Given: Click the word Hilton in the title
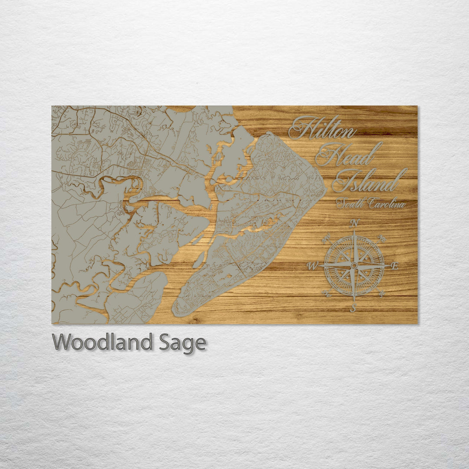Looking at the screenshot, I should point(322,128).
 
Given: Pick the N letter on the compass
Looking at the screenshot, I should point(354,224).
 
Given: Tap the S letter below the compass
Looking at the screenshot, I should point(353,308).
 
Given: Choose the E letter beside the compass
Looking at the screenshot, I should point(394,266).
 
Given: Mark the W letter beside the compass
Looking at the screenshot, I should point(312,266).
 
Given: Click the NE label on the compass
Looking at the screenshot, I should point(382,238).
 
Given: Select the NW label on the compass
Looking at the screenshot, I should point(326,238).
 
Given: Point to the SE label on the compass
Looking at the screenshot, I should point(382,294).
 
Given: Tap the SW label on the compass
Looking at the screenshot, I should point(327,294).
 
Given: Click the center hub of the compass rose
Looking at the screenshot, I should point(354,265).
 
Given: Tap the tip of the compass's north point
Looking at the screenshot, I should point(354,231).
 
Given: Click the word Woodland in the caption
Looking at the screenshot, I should point(102,342).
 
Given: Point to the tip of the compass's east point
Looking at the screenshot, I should point(389,265).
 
